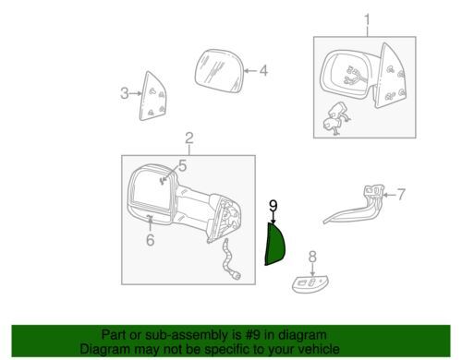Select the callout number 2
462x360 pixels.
(x=189, y=138)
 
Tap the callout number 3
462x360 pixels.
(x=125, y=93)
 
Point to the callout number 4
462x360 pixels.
(x=263, y=71)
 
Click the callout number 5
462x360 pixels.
(x=182, y=166)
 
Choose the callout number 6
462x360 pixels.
(x=150, y=240)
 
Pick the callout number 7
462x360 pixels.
(x=400, y=195)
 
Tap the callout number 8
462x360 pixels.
(x=312, y=257)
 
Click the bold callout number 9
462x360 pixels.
(x=274, y=206)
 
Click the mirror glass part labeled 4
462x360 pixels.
(x=220, y=71)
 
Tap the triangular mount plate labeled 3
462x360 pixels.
(x=153, y=97)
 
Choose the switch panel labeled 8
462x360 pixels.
(x=310, y=284)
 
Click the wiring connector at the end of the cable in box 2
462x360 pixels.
(x=237, y=276)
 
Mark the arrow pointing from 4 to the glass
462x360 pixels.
(x=250, y=71)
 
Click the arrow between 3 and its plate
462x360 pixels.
(x=136, y=93)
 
